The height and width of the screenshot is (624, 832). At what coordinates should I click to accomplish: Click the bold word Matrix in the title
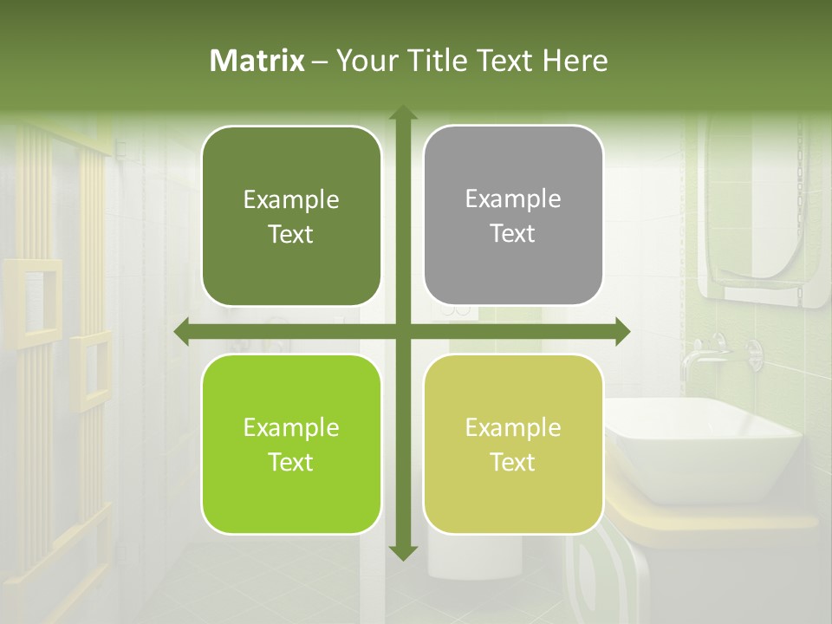click(x=257, y=61)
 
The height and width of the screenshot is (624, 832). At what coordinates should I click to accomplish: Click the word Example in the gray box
click(x=513, y=199)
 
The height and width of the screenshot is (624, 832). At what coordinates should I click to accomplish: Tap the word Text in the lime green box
click(x=291, y=463)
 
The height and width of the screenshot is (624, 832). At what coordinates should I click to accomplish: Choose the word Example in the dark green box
click(x=291, y=200)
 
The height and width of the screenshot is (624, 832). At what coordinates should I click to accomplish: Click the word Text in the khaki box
click(x=513, y=463)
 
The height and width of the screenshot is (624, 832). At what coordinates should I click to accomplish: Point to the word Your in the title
click(x=364, y=61)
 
